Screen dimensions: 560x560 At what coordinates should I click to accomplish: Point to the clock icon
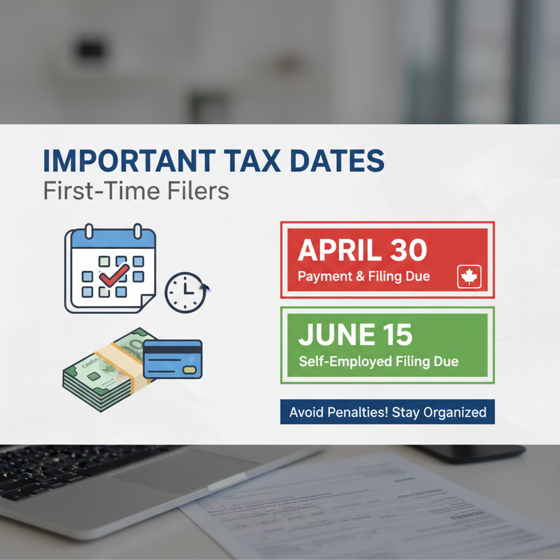coord(185,293)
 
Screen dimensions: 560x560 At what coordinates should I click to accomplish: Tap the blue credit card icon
coord(172,359)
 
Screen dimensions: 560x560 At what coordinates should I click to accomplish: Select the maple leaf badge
coord(469,277)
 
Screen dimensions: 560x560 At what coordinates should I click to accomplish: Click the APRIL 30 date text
coord(362,250)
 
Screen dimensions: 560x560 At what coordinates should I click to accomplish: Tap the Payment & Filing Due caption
coord(364,276)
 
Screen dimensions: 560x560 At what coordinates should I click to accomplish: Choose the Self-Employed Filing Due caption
coord(378,361)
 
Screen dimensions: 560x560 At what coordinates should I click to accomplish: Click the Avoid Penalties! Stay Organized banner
coord(387,412)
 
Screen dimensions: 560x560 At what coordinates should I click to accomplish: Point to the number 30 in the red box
coord(408,250)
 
